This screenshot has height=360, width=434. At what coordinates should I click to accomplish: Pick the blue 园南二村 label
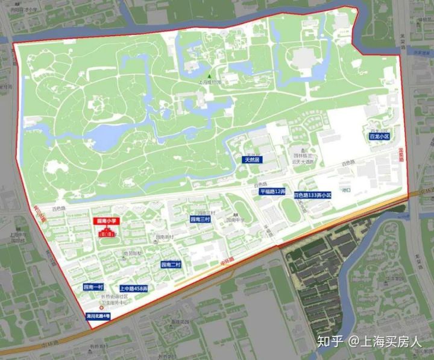171,264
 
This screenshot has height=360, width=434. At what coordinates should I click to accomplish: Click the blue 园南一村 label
93,287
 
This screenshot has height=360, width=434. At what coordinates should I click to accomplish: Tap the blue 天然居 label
251,160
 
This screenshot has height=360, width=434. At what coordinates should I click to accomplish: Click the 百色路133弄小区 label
313,195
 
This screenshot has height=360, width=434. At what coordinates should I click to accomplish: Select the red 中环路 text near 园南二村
227,261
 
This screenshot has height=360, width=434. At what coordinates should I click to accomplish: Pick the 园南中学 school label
236,221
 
